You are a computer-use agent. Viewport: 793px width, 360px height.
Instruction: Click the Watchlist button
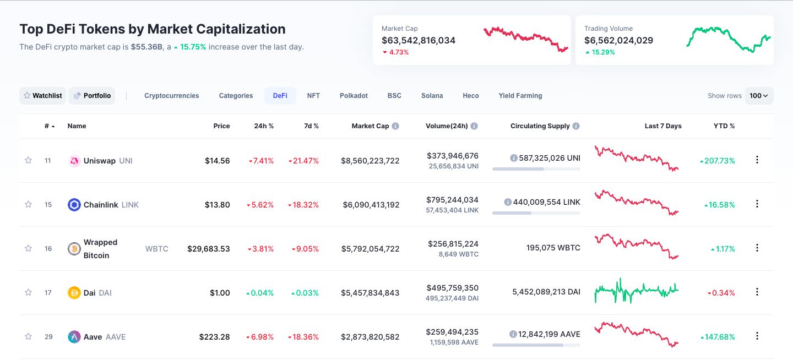tap(42, 96)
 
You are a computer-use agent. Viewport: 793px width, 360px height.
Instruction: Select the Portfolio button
tap(92, 96)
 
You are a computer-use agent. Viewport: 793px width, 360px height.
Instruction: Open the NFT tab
tap(313, 96)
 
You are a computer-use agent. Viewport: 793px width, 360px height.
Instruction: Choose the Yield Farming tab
tap(520, 96)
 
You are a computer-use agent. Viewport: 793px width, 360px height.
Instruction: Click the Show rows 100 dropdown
tap(759, 96)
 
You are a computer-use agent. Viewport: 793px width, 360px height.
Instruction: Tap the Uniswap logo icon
tap(74, 161)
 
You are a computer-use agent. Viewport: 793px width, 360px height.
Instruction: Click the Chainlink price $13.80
tap(217, 205)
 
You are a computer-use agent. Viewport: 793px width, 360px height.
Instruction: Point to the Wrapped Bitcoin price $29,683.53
tap(209, 249)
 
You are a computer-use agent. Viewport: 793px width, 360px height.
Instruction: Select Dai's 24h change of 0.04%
tap(259, 293)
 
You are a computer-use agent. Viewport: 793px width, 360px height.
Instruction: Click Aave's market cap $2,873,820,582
tap(370, 337)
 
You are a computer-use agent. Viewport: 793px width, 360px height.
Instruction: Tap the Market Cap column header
tap(370, 126)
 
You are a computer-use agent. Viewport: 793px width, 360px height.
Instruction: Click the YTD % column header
tap(724, 126)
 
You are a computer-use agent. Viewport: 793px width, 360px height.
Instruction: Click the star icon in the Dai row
tap(28, 292)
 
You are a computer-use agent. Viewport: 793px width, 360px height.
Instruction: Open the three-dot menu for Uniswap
tap(757, 160)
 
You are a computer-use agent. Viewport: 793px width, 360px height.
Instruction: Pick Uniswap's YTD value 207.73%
tap(718, 161)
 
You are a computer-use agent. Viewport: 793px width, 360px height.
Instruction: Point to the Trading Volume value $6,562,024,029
tap(618, 40)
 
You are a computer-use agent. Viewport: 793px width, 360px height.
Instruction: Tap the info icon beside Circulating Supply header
tap(576, 126)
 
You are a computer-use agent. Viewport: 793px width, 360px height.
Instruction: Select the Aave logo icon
tap(74, 337)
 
